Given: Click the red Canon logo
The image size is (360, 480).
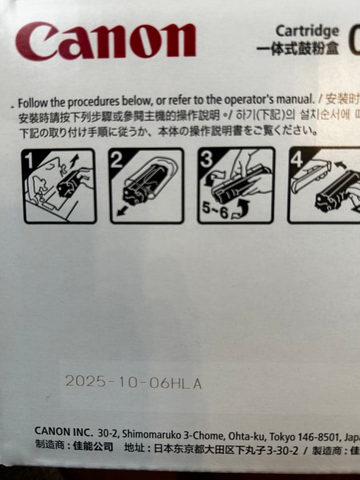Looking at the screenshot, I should click(x=105, y=41).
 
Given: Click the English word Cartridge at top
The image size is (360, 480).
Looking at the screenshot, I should click(x=307, y=31).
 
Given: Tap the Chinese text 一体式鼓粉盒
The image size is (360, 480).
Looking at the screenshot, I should click(x=297, y=48).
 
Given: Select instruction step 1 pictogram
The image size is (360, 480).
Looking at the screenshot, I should click(x=59, y=186).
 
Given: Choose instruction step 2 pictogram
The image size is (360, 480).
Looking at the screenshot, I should click(x=147, y=186).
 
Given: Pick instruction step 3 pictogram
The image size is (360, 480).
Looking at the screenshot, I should click(x=236, y=185).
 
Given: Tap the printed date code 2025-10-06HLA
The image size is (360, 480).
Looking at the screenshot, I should click(x=133, y=382).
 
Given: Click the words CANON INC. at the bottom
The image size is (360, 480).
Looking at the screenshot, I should click(x=64, y=431).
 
